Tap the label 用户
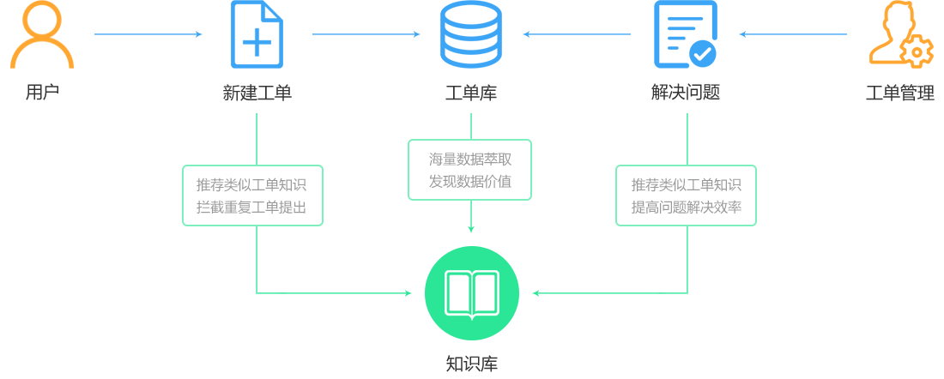click(x=42, y=92)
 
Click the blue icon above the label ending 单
click(x=257, y=34)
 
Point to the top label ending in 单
click(x=257, y=93)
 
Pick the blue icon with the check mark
click(x=685, y=34)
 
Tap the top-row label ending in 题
click(x=685, y=92)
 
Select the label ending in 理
click(x=899, y=93)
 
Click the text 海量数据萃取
click(x=470, y=159)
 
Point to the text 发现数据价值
click(x=470, y=181)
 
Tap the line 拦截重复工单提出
click(x=251, y=207)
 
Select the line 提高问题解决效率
click(x=687, y=207)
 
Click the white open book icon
click(x=471, y=294)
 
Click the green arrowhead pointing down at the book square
click(x=470, y=229)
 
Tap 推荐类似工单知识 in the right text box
click(x=687, y=184)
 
